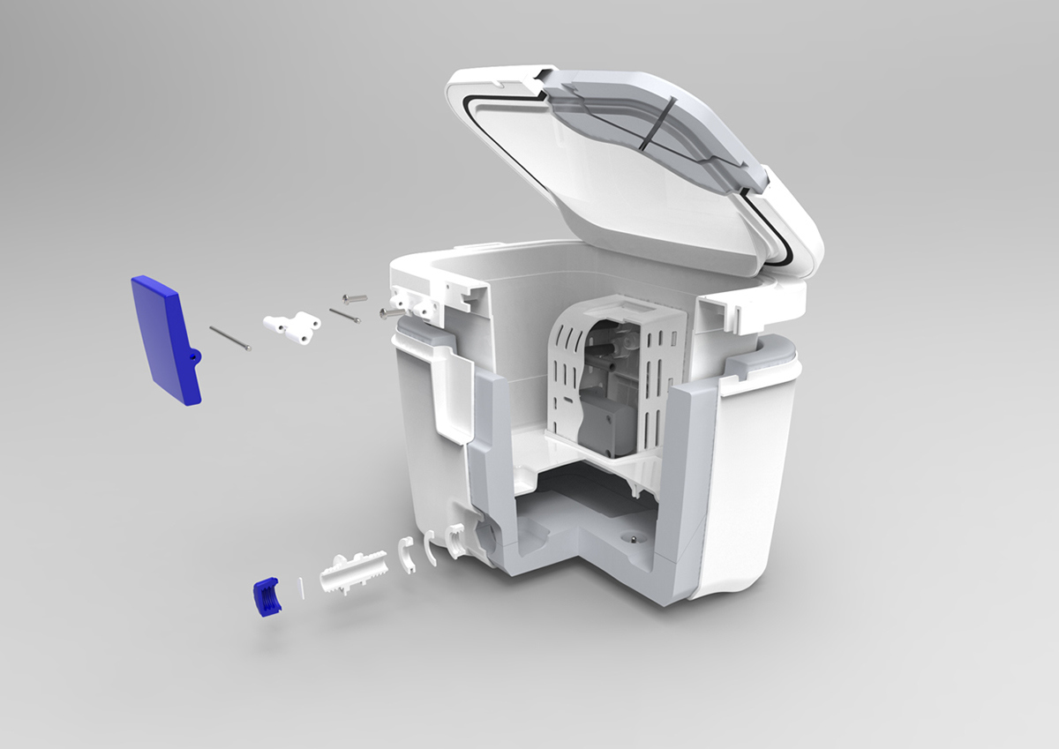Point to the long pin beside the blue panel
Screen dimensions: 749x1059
click(x=230, y=339)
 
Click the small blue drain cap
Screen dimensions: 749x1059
click(x=265, y=595)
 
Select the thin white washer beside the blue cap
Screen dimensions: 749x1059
click(x=301, y=587)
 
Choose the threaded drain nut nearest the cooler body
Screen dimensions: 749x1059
click(x=454, y=539)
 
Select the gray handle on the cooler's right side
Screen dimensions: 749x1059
click(x=767, y=358)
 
